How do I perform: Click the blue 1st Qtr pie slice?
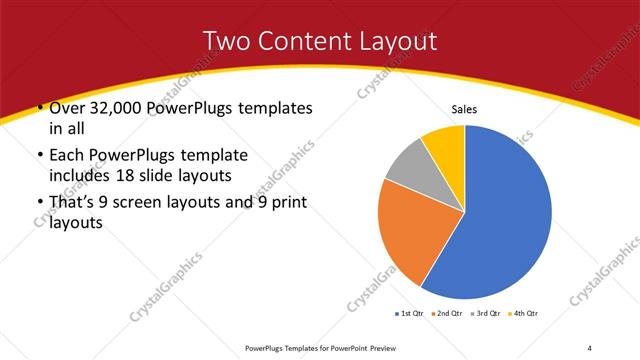[x=505, y=215]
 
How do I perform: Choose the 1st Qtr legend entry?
[x=411, y=314]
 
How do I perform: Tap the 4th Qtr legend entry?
[x=527, y=314]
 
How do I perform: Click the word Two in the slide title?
[x=226, y=41]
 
